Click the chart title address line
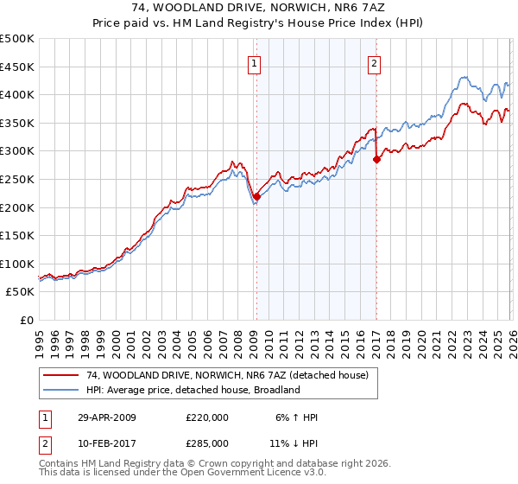(x=259, y=9)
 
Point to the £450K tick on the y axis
(x=17, y=67)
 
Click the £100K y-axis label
(x=17, y=264)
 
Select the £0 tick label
(x=26, y=321)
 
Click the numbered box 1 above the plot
(x=256, y=62)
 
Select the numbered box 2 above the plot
(x=375, y=62)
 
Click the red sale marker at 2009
(x=256, y=196)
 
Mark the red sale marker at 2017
(x=376, y=159)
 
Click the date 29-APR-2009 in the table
(x=106, y=417)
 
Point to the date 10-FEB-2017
(x=106, y=443)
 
